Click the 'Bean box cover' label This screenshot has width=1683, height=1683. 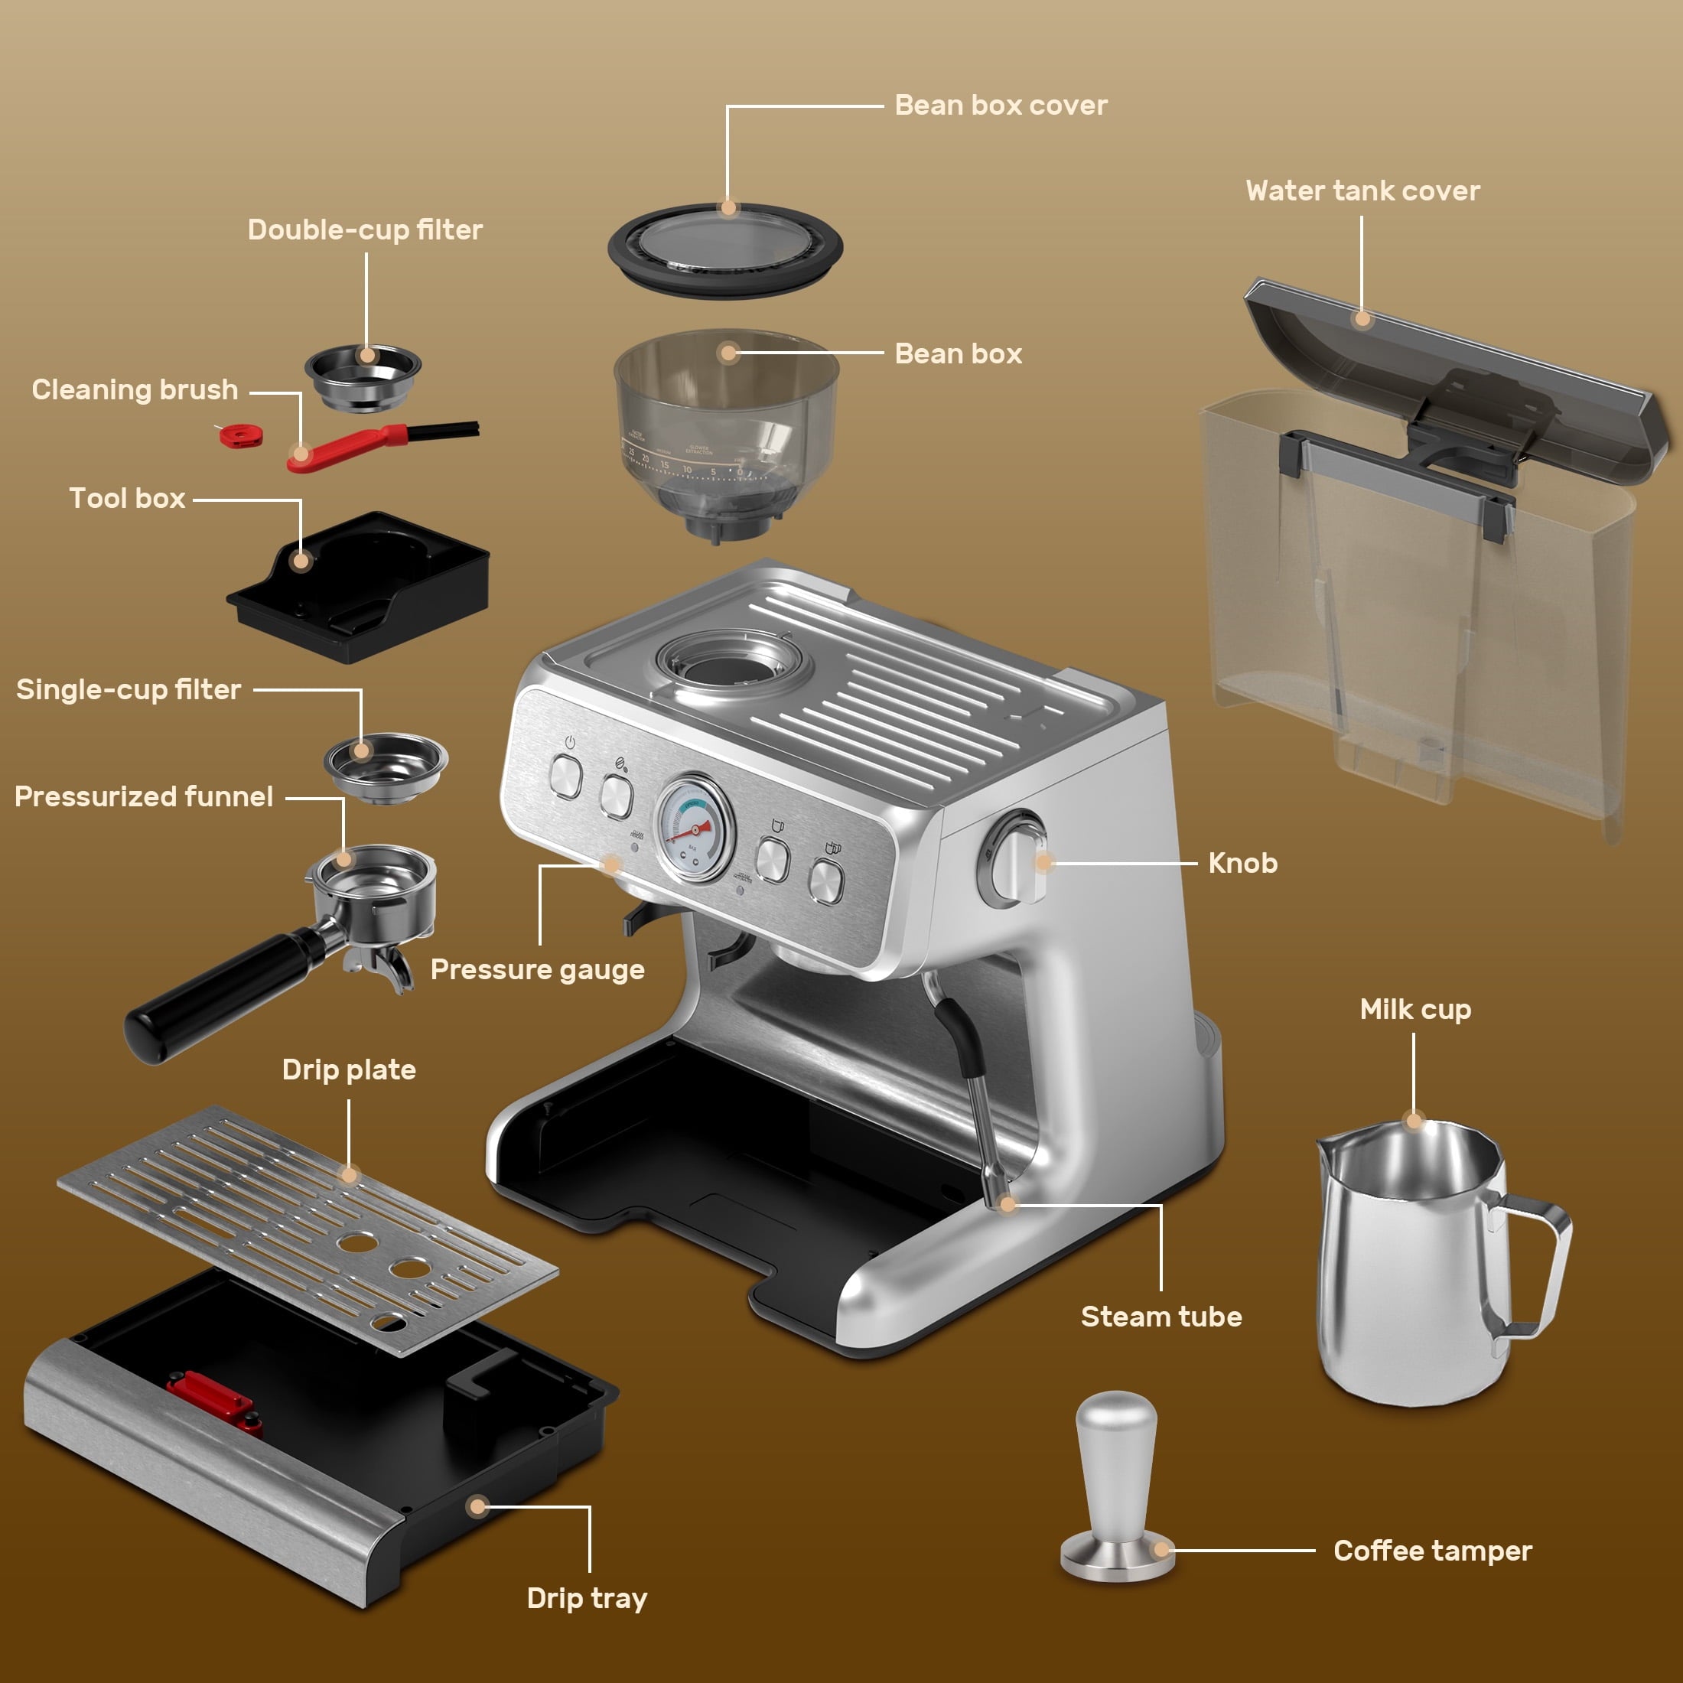(1001, 106)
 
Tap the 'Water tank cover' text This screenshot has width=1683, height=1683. (1362, 190)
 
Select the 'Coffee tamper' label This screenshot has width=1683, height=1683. (1432, 1551)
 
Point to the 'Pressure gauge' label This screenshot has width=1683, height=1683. (538, 969)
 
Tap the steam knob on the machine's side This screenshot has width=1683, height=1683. (1014, 860)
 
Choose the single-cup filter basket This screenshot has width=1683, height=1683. (386, 766)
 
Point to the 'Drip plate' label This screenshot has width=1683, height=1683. (348, 1069)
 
